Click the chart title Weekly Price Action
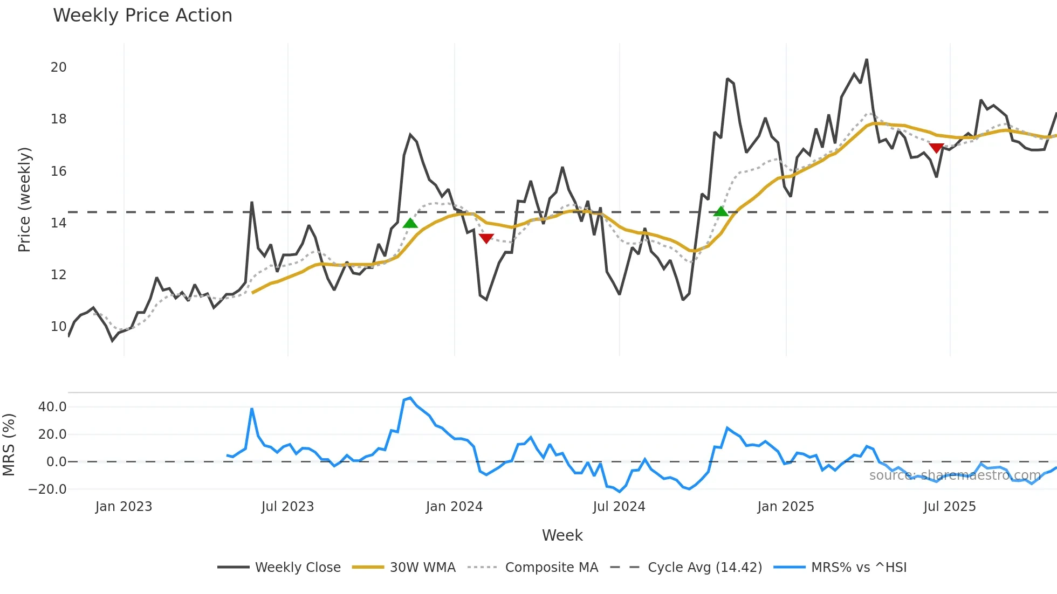pos(142,16)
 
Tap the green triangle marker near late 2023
pos(410,223)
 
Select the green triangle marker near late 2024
pos(720,211)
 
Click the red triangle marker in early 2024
pos(486,238)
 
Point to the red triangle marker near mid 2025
pos(936,148)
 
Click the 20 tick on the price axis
pos(59,67)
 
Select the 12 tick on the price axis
pos(59,275)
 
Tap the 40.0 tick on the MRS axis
pos(52,407)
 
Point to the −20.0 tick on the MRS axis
pos(47,489)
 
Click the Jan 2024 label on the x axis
pos(454,507)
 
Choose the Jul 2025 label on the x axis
pos(949,507)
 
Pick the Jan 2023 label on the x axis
pos(123,507)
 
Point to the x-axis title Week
pos(562,535)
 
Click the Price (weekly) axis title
pos(24,199)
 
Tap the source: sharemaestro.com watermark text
pos(955,475)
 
